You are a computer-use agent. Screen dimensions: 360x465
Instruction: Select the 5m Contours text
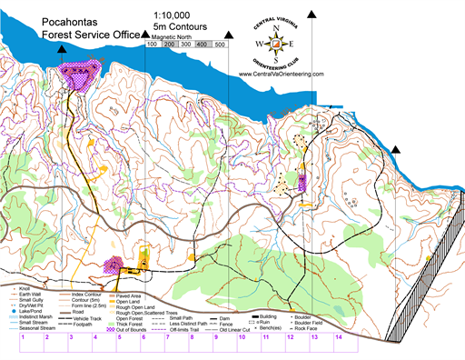189,27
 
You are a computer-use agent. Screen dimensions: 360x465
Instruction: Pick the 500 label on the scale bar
221,44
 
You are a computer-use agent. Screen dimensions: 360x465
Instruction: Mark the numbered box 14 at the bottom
338,337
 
